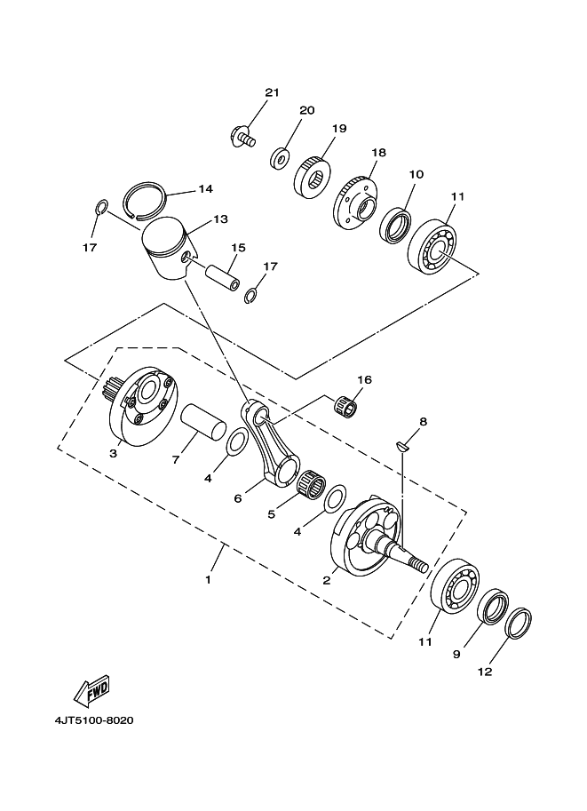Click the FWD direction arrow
[92, 689]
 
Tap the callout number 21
[272, 93]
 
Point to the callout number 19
[338, 129]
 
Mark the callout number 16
[364, 379]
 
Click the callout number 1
[208, 580]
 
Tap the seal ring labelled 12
[518, 623]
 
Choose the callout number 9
[456, 655]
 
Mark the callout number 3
[114, 453]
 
